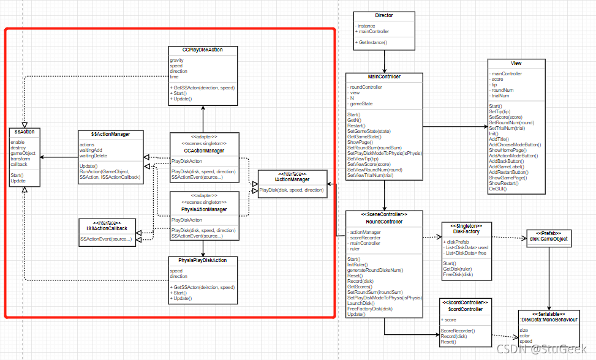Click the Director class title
pyautogui.click(x=383, y=15)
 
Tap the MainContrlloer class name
pyautogui.click(x=384, y=77)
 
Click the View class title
pyautogui.click(x=516, y=64)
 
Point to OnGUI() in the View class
pyautogui.click(x=498, y=189)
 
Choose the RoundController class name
pyautogui.click(x=384, y=222)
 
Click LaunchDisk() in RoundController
pyautogui.click(x=361, y=303)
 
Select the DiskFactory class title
pyautogui.click(x=466, y=231)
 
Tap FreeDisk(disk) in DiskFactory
pyautogui.click(x=457, y=274)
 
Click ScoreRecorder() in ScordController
pyautogui.click(x=458, y=331)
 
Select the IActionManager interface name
pyautogui.click(x=292, y=179)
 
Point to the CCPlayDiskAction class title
pyautogui.click(x=203, y=50)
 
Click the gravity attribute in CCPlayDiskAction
pyautogui.click(x=178, y=60)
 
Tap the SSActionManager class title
pyautogui.click(x=110, y=134)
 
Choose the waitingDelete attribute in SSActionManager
pyautogui.click(x=94, y=156)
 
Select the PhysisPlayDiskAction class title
pyautogui.click(x=203, y=260)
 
